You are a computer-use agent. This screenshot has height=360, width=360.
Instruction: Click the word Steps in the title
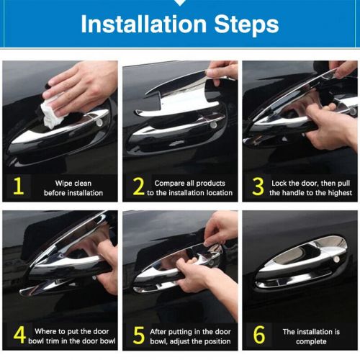pyautogui.click(x=245, y=24)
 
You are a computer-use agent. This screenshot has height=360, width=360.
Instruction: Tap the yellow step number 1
pyautogui.click(x=19, y=187)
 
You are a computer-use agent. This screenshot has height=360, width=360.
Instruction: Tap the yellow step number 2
pyautogui.click(x=138, y=187)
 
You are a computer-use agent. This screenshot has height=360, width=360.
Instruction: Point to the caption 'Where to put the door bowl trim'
pyautogui.click(x=74, y=336)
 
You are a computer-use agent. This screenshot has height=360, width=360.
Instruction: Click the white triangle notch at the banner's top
pyautogui.click(x=180, y=3)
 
